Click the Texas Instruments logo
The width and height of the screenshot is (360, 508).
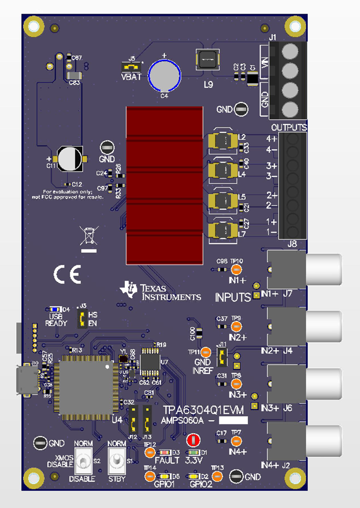click(x=161, y=292)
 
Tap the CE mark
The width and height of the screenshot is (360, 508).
click(x=67, y=275)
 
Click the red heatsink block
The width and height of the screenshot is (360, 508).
click(x=165, y=185)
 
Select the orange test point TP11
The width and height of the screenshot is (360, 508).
click(x=205, y=352)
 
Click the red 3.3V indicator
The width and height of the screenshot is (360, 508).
click(x=193, y=440)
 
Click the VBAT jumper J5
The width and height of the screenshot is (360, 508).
click(x=131, y=67)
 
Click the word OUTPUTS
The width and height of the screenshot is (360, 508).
click(x=289, y=127)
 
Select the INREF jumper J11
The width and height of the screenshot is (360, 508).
click(x=222, y=357)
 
